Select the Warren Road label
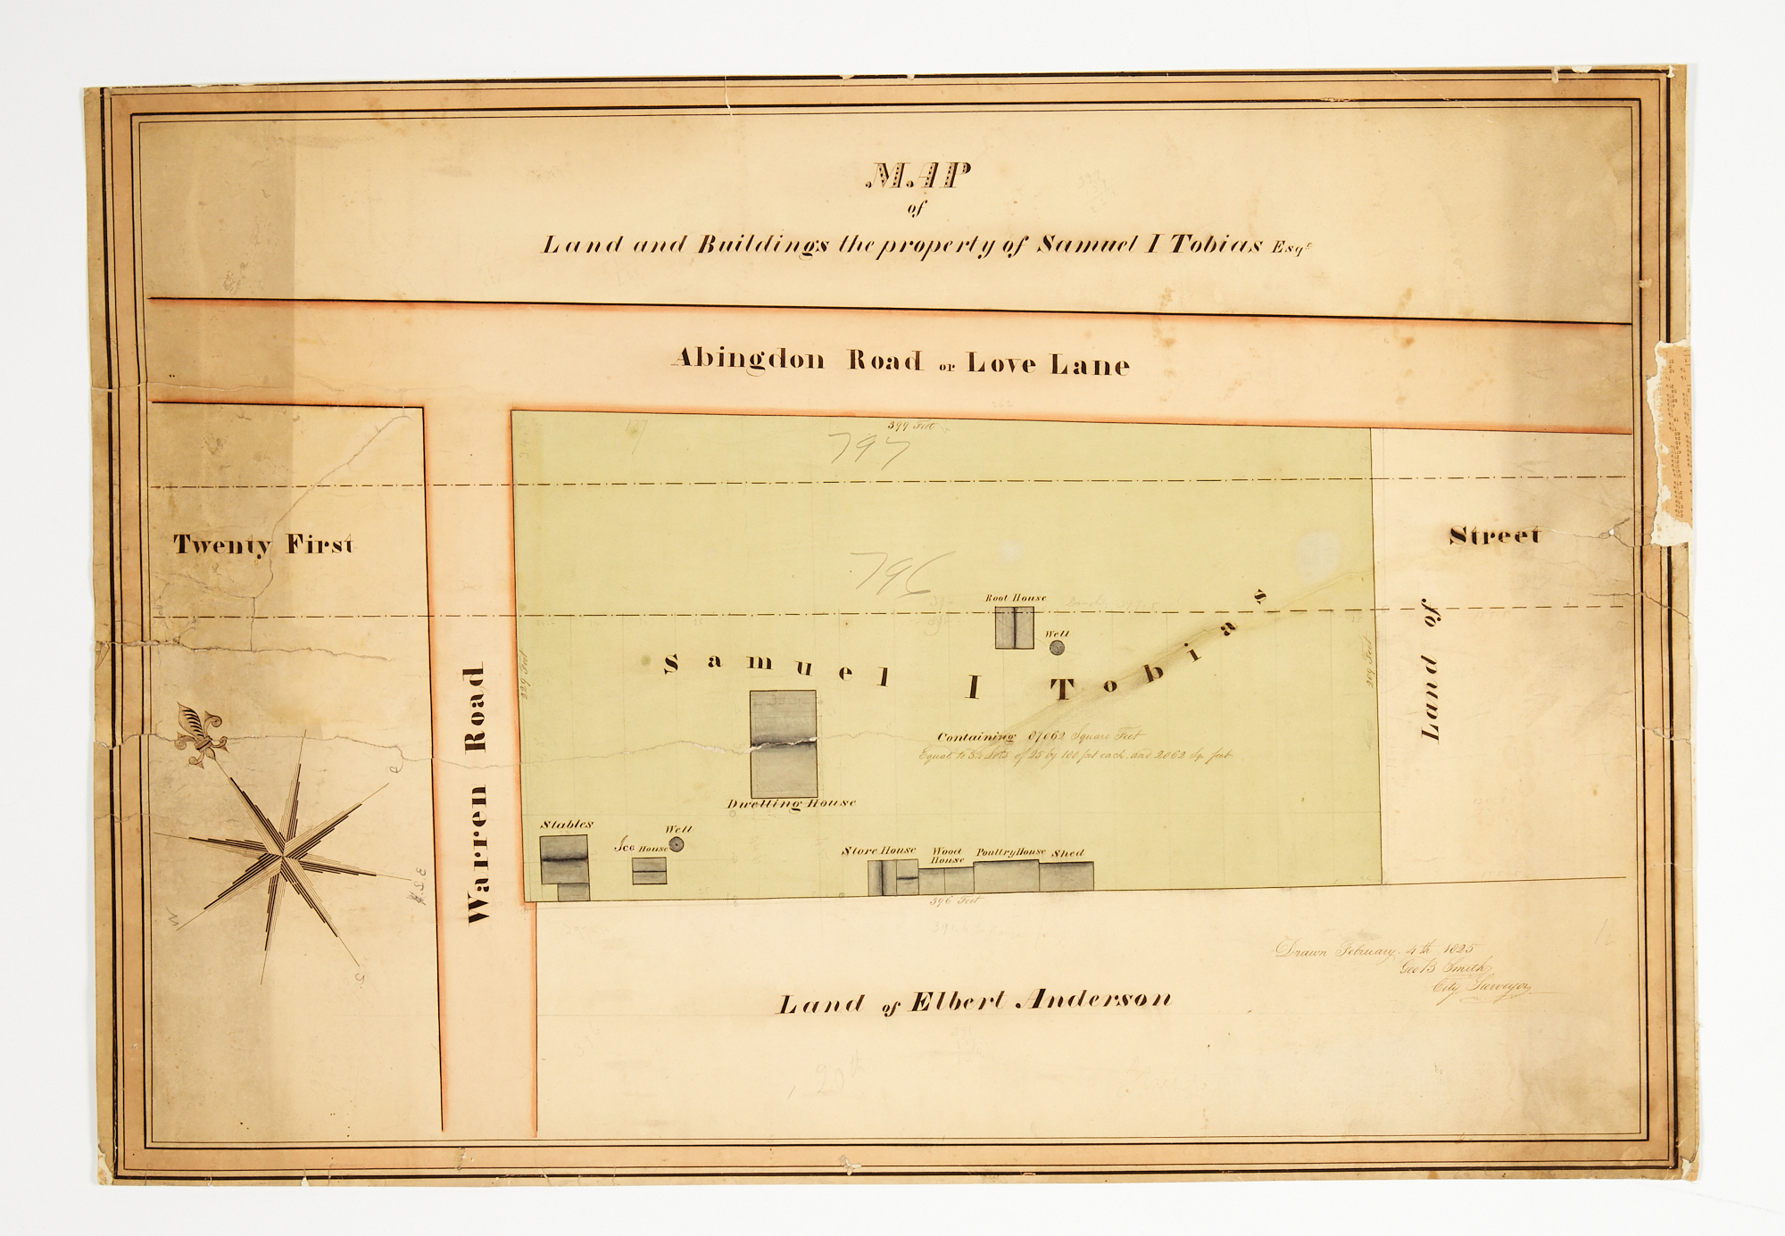[x=477, y=793]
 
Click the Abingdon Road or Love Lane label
[x=901, y=361]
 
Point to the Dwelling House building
[x=783, y=743]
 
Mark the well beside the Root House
[x=1057, y=648]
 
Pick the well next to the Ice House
[x=677, y=844]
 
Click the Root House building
[x=1015, y=627]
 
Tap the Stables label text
[x=566, y=825]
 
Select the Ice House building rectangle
[x=649, y=870]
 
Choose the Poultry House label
[x=1009, y=852]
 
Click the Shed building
[x=1066, y=875]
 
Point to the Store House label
[x=878, y=850]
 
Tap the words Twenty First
[x=263, y=544]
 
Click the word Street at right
[x=1494, y=535]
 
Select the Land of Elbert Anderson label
[x=974, y=1002]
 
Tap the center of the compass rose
[x=282, y=855]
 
